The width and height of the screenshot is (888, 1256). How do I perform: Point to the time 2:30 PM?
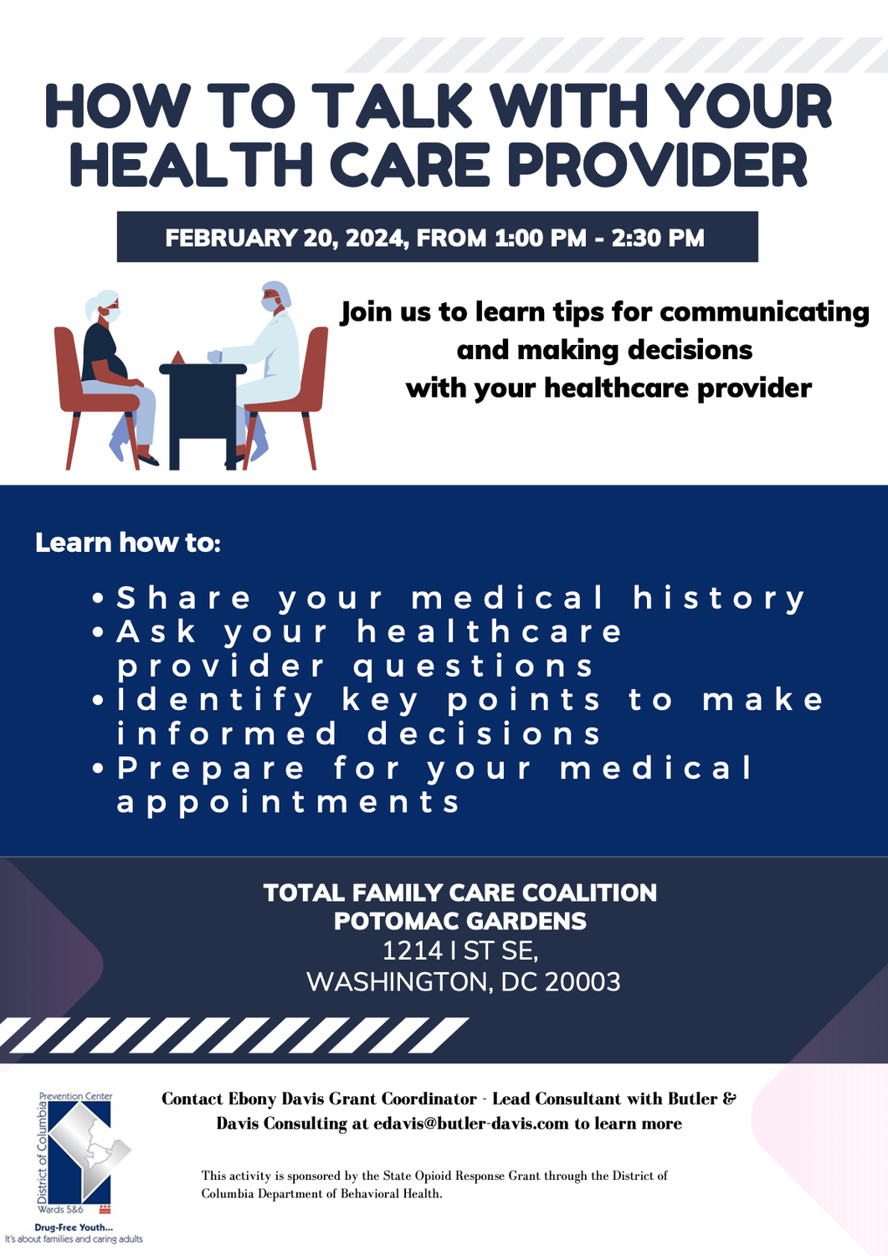(x=658, y=238)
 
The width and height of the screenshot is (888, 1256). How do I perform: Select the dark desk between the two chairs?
(x=203, y=415)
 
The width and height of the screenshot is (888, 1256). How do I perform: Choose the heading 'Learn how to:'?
(x=128, y=543)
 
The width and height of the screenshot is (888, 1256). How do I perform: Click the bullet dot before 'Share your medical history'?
(x=99, y=599)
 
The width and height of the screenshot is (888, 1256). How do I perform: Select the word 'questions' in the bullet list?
(x=473, y=666)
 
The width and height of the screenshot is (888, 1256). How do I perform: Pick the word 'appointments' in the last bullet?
(x=289, y=802)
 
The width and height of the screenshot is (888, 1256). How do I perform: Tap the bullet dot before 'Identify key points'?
(x=99, y=700)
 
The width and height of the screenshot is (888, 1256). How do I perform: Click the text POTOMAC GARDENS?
(x=460, y=921)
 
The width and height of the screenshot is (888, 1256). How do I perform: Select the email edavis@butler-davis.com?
(x=471, y=1124)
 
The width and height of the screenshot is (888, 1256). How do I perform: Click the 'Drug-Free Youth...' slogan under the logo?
(x=74, y=1228)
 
